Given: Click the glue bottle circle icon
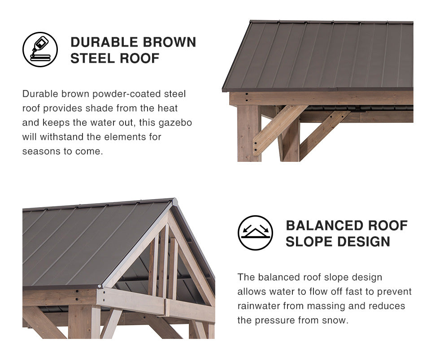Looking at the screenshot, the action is point(40,49).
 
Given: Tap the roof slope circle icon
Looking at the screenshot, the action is point(255,233).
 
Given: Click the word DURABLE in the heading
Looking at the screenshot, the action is point(104,42).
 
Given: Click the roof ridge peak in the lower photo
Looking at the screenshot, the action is point(174,199).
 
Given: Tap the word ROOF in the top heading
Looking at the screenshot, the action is point(139,58).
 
